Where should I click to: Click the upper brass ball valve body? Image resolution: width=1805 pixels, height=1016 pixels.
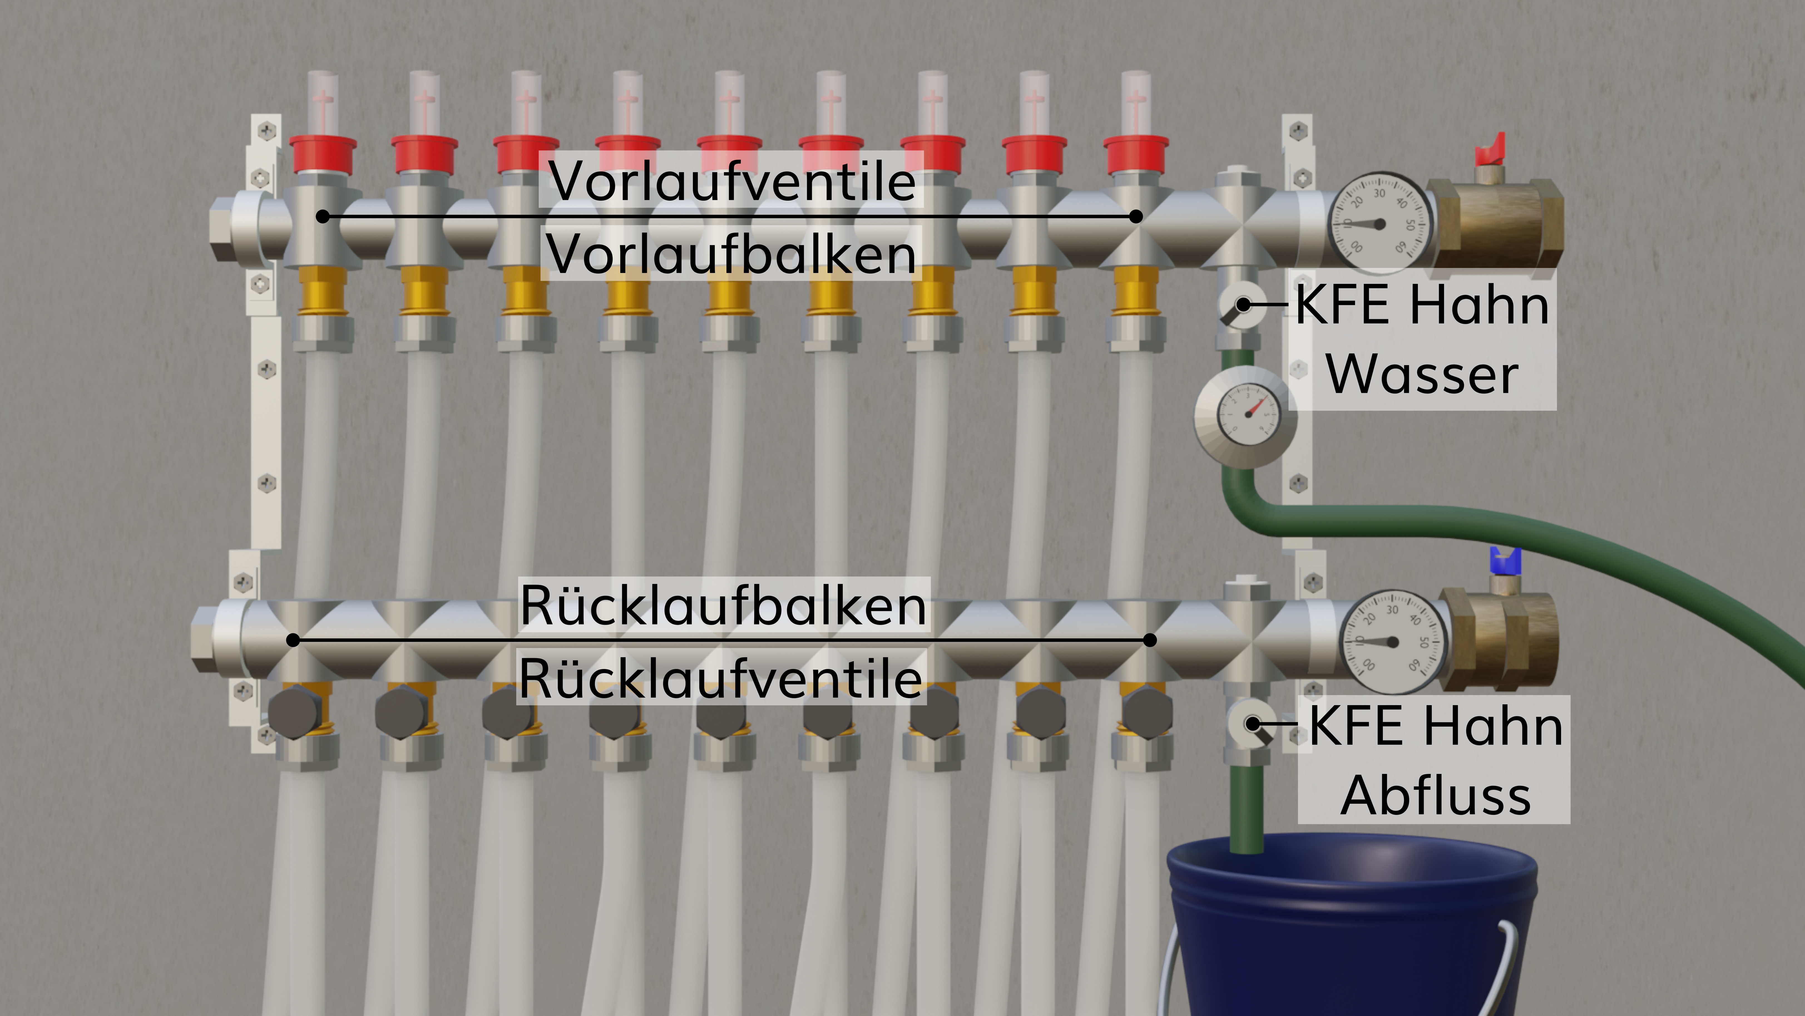tap(1496, 223)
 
